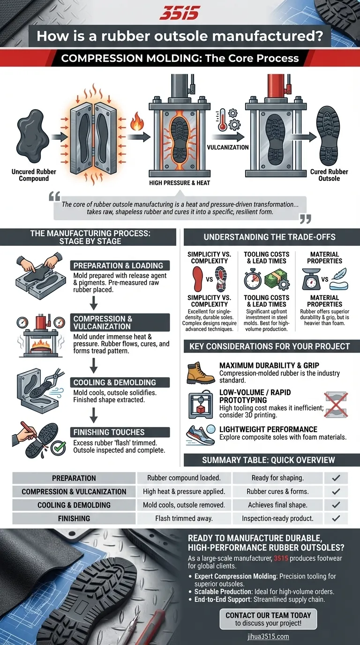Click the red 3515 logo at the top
pyautogui.click(x=180, y=13)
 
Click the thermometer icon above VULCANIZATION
pyautogui.click(x=222, y=120)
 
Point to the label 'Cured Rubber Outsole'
pyautogui.click(x=329, y=175)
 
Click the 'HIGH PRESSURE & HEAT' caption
pyautogui.click(x=180, y=183)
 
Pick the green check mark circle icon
pyautogui.click(x=58, y=448)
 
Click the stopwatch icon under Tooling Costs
pyautogui.click(x=253, y=279)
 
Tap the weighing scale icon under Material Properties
pyautogui.click(x=311, y=279)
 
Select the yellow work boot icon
pyautogui.click(x=201, y=373)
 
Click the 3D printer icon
pyautogui.click(x=201, y=405)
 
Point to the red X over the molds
pyautogui.click(x=336, y=405)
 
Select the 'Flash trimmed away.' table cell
pyautogui.click(x=184, y=518)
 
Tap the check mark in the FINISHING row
pyautogui.click(x=336, y=518)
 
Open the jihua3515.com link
pyautogui.click(x=268, y=637)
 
